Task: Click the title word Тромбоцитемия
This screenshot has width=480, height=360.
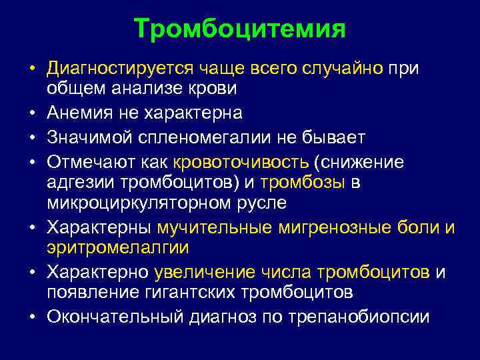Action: [239, 29]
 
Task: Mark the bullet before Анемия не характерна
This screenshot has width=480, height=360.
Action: [32, 114]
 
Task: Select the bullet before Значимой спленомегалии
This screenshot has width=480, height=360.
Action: [32, 137]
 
